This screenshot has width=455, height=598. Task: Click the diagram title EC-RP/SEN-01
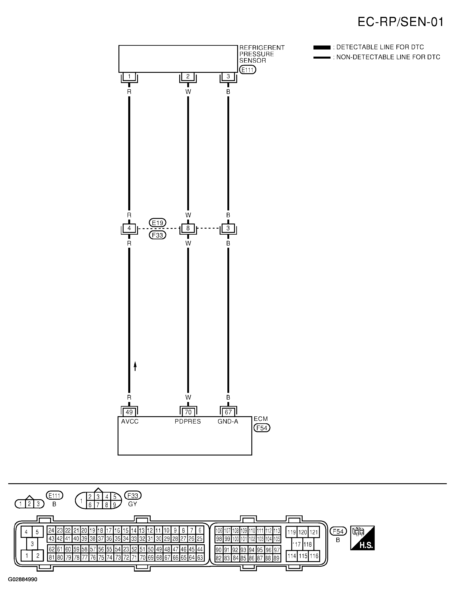[x=400, y=22]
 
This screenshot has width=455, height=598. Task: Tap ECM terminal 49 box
[x=129, y=412]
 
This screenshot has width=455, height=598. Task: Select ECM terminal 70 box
[x=188, y=412]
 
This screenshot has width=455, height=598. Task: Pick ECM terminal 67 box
[x=228, y=412]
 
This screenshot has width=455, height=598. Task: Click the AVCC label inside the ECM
[x=130, y=422]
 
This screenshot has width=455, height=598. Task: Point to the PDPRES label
[x=188, y=422]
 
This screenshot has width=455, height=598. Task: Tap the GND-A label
[x=228, y=422]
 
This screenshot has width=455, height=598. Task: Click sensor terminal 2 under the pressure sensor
[x=188, y=76]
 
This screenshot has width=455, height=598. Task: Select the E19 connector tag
[x=157, y=223]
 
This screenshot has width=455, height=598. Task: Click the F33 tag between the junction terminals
[x=157, y=235]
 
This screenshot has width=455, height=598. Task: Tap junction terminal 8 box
[x=188, y=228]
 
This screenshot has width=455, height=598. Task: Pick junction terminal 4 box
[x=129, y=228]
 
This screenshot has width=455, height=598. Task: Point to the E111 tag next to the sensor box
[x=247, y=70]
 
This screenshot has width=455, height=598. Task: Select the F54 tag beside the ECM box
[x=262, y=428]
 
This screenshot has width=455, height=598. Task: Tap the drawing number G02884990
[x=23, y=580]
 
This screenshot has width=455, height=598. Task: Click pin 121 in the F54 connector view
[x=314, y=532]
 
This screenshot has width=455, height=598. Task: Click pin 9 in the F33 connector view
[x=114, y=505]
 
